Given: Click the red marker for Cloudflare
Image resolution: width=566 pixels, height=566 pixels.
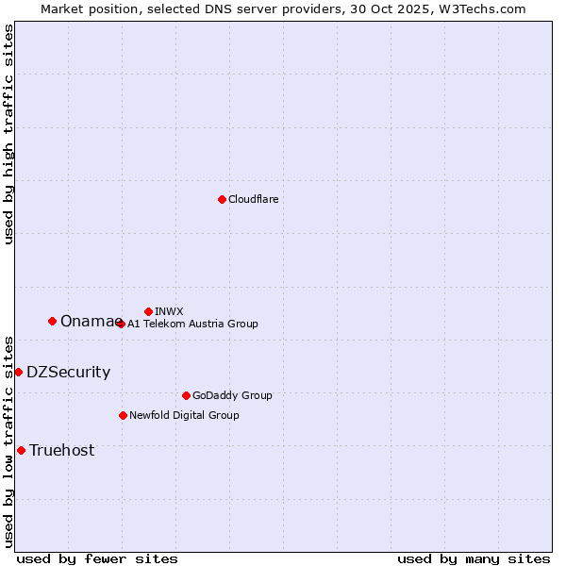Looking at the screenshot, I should (x=222, y=199).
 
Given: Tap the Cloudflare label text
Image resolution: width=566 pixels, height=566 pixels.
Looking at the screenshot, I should (x=254, y=199).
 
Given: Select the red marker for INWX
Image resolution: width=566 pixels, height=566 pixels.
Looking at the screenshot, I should (x=148, y=311).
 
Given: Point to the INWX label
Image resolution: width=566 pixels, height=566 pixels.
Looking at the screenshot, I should (x=169, y=311).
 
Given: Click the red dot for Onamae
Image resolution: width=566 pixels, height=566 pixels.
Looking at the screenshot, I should (x=52, y=321).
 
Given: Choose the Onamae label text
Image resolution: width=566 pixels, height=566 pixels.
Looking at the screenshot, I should (x=86, y=322).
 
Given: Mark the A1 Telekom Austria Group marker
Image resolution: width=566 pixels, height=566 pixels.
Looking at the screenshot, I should (x=121, y=324).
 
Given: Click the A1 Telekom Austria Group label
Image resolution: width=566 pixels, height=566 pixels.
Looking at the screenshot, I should (x=192, y=324).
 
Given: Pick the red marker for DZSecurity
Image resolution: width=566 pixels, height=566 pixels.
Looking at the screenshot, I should (x=18, y=372).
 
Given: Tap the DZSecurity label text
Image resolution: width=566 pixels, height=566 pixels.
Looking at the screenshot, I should (x=68, y=373).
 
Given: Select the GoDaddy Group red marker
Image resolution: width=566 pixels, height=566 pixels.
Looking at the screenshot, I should (x=186, y=395).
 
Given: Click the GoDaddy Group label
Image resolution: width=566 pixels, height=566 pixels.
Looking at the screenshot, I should (x=232, y=395).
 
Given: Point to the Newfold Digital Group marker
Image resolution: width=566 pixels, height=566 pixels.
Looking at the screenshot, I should (x=123, y=415).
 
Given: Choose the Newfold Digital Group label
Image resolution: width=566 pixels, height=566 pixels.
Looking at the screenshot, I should (x=184, y=415).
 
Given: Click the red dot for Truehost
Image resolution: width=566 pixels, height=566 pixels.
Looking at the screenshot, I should (x=21, y=450).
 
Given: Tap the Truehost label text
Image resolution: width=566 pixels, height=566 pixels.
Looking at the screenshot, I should (x=61, y=451).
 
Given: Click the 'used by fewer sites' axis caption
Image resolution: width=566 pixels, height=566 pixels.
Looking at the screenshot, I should (x=97, y=558).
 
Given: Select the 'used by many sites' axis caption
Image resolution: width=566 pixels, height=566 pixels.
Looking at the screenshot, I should (x=474, y=558).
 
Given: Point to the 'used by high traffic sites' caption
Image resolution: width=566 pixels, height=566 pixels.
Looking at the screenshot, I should (x=8, y=135).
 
